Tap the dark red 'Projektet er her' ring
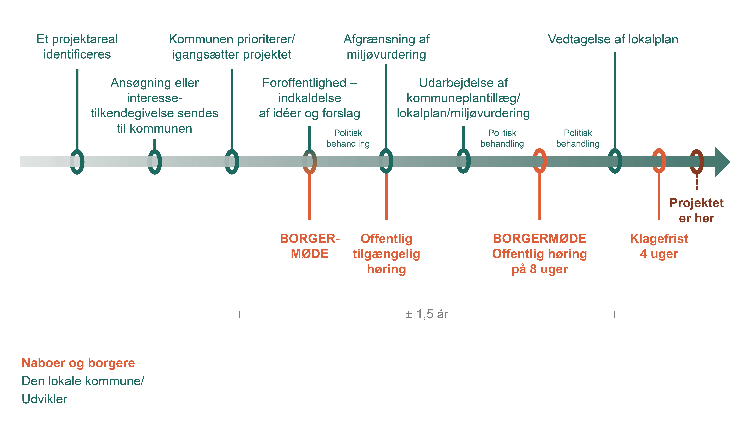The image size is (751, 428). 696,162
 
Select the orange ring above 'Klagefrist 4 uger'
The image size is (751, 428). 659,161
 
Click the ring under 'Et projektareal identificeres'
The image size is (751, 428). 77,162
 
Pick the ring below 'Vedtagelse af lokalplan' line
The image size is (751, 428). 615,161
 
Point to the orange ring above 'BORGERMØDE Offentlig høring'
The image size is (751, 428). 540,161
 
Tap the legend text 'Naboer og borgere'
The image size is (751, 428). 78,363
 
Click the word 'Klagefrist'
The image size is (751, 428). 659,239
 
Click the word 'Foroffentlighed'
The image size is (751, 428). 304,83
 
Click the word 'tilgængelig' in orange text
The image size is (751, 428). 386,254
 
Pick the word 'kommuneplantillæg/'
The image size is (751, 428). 463,98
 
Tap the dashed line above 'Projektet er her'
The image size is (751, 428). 696,182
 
